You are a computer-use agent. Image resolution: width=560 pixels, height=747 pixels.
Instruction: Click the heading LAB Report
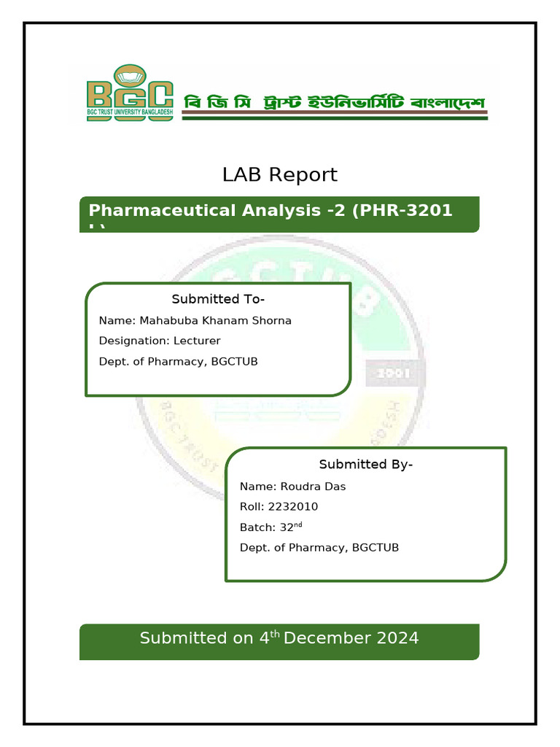(279, 175)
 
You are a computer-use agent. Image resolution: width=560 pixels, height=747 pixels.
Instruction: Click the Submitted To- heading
(218, 299)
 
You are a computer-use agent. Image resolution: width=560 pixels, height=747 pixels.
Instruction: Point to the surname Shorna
(271, 321)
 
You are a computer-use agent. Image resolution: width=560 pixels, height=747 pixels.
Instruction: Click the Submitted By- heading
(366, 465)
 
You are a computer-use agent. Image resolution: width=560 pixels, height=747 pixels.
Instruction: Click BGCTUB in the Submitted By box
(375, 547)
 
